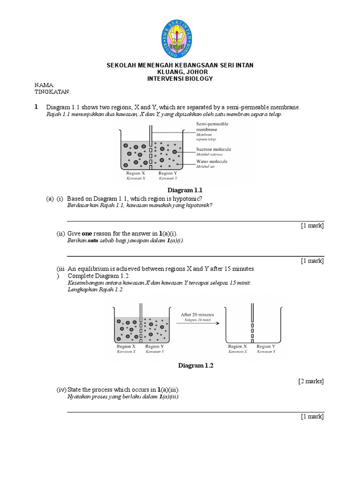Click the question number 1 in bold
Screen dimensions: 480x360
(36, 107)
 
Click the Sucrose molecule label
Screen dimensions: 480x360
(213, 150)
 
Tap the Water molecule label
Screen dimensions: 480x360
(211, 161)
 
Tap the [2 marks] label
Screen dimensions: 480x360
(311, 381)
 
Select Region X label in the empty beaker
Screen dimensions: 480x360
(238, 346)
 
